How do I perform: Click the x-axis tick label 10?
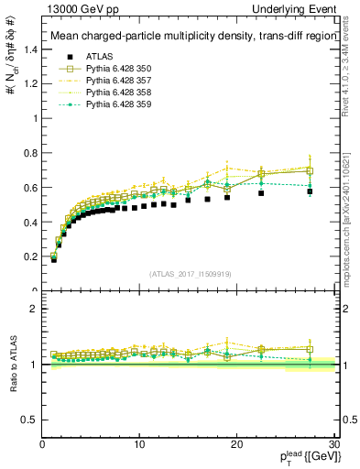[139, 444]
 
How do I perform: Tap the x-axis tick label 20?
[236, 444]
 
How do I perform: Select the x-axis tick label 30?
[333, 444]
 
